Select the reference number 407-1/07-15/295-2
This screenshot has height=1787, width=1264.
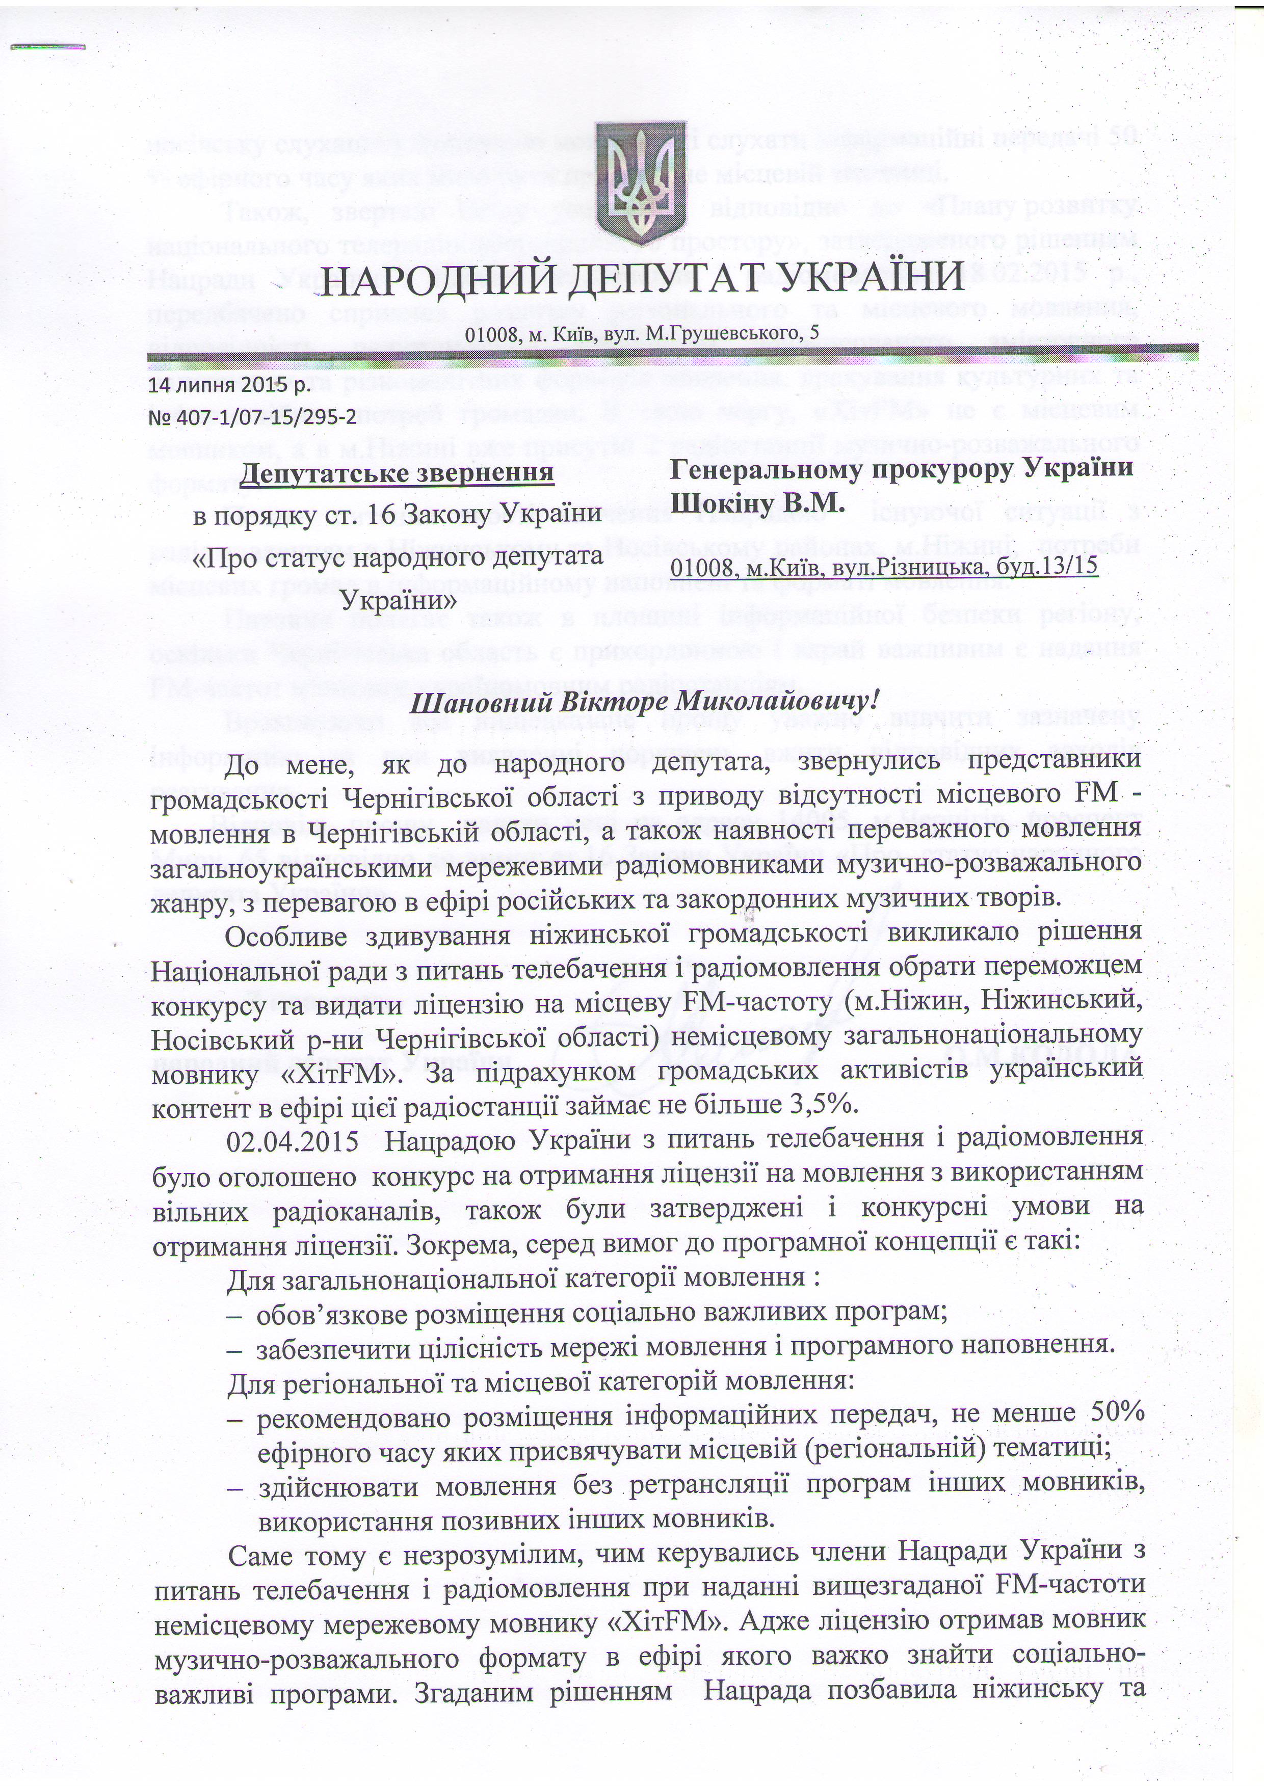(x=261, y=417)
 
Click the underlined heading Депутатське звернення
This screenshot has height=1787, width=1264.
(x=398, y=472)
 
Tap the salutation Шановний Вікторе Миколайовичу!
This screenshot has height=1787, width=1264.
(x=643, y=703)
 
